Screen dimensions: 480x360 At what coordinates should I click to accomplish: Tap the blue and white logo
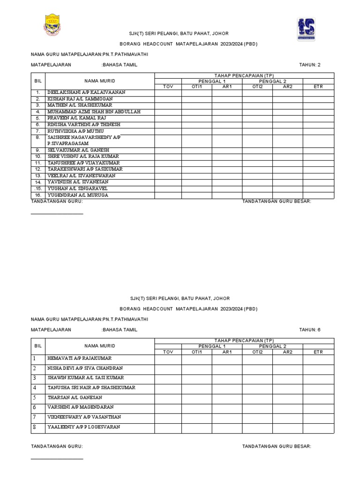coord(306,29)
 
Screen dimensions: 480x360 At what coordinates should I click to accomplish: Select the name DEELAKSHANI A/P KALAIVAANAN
coord(86,93)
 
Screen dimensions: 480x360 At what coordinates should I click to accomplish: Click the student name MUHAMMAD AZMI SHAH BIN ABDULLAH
coord(94,112)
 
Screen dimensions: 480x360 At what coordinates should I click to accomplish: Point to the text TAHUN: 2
coord(310,65)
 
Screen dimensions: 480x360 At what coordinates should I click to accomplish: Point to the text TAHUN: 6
coord(310,330)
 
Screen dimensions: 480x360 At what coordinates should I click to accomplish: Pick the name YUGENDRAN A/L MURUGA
coord(77,195)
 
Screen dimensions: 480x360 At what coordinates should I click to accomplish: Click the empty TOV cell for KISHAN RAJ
coord(168,99)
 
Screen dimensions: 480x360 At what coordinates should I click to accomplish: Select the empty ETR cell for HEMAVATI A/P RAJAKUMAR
coord(318,359)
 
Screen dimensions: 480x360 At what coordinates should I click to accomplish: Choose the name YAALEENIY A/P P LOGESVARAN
coord(83,427)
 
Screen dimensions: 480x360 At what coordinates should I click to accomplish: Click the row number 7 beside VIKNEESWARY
coord(34,417)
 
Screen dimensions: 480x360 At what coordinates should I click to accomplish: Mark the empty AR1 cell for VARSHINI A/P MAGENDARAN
coord(227,407)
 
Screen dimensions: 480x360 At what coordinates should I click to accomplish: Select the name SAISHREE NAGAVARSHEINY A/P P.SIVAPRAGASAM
coord(84,141)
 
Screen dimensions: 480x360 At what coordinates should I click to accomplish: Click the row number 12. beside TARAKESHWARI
coord(38,169)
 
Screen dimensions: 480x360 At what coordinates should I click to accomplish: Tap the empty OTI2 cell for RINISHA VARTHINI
coord(257,125)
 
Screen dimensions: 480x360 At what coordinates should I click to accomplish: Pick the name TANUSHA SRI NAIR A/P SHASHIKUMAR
coord(91,388)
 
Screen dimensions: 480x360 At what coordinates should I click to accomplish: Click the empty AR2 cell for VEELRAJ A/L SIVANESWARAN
coord(287,176)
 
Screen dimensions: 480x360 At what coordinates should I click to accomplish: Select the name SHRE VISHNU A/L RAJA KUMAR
coord(83,156)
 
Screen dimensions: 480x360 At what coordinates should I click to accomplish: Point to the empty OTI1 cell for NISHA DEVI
coord(196,368)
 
